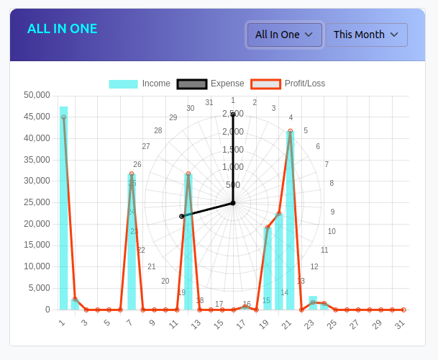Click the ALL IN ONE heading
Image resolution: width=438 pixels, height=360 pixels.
point(62,29)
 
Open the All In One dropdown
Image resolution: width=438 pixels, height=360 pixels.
point(284,35)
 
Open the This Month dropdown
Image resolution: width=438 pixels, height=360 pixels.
point(366,35)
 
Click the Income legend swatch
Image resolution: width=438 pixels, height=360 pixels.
point(123,84)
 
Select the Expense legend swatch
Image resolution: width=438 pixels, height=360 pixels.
point(191,84)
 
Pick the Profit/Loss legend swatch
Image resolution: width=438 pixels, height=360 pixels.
point(265,84)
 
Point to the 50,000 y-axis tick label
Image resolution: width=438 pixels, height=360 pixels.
point(37,95)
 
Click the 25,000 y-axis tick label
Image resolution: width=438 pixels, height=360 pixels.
point(37,202)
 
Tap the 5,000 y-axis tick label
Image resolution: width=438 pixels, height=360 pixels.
point(39,288)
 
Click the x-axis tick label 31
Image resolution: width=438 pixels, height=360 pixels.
point(401,324)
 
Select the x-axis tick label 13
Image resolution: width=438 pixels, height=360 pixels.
point(196,324)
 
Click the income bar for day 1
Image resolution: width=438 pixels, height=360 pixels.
point(63,209)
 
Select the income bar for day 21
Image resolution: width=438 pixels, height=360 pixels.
point(290,223)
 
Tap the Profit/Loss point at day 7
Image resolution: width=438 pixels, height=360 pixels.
point(132,174)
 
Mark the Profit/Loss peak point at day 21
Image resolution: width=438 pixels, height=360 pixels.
point(291,131)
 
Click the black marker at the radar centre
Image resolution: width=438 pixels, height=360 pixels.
point(233,203)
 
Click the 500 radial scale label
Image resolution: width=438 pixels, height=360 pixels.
point(233,184)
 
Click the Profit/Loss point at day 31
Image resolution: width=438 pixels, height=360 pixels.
point(403,310)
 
